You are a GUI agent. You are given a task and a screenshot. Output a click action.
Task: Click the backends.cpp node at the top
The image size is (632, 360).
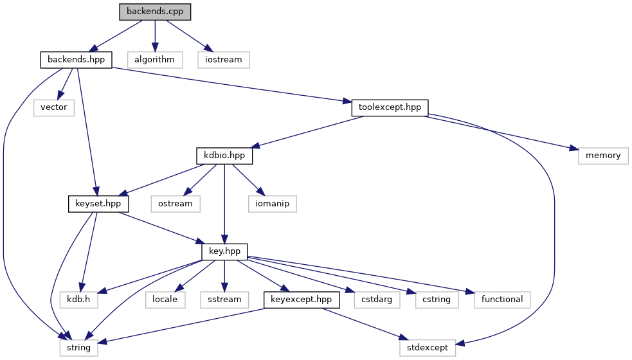155,12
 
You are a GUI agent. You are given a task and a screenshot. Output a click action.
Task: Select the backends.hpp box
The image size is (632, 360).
76,60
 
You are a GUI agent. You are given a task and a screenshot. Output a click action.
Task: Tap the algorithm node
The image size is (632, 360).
155,60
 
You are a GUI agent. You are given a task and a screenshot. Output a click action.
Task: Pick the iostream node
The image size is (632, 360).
223,60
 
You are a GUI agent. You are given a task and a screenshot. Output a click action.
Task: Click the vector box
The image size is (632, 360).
54,107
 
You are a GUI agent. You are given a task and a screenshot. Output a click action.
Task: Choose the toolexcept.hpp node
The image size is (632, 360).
390,107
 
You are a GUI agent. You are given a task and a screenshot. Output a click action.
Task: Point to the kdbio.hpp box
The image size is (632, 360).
224,156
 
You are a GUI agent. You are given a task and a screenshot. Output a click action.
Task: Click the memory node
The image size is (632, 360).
602,156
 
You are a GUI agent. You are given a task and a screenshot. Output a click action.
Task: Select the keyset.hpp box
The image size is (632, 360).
98,204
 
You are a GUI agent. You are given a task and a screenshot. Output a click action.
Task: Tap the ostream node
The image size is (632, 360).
176,204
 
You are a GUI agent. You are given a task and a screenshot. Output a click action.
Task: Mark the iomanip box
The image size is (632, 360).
273,204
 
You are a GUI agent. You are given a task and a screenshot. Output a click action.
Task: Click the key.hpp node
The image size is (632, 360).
224,251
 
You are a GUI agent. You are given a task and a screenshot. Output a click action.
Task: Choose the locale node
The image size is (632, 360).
165,299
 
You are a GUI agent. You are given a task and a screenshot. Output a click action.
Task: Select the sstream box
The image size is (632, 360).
224,299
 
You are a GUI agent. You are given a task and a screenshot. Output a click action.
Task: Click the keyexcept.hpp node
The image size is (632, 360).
301,299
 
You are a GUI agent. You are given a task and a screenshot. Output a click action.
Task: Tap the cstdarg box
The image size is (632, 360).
377,299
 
